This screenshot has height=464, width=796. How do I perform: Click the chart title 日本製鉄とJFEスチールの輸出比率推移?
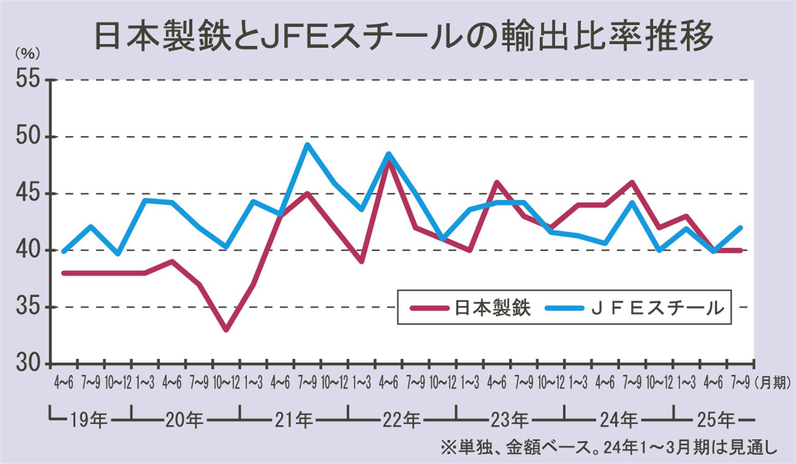404,36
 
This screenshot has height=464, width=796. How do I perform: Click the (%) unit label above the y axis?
27,54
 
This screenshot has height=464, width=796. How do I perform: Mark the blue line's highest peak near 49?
307,144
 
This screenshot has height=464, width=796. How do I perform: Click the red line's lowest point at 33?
226,330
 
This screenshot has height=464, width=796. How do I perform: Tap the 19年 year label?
88,420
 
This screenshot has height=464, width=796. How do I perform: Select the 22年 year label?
401,420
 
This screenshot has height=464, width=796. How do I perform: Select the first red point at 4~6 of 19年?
64,273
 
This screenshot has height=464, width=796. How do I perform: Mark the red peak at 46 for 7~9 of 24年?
632,182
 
